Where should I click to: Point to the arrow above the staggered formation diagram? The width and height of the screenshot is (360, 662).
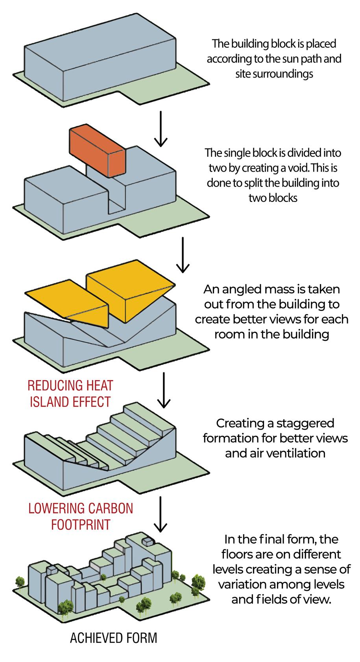tap(163, 390)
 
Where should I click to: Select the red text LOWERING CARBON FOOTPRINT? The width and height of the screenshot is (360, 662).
tap(81, 516)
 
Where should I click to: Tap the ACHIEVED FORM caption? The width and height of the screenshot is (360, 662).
tap(113, 638)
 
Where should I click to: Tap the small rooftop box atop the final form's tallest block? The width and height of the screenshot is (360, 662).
tap(147, 542)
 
